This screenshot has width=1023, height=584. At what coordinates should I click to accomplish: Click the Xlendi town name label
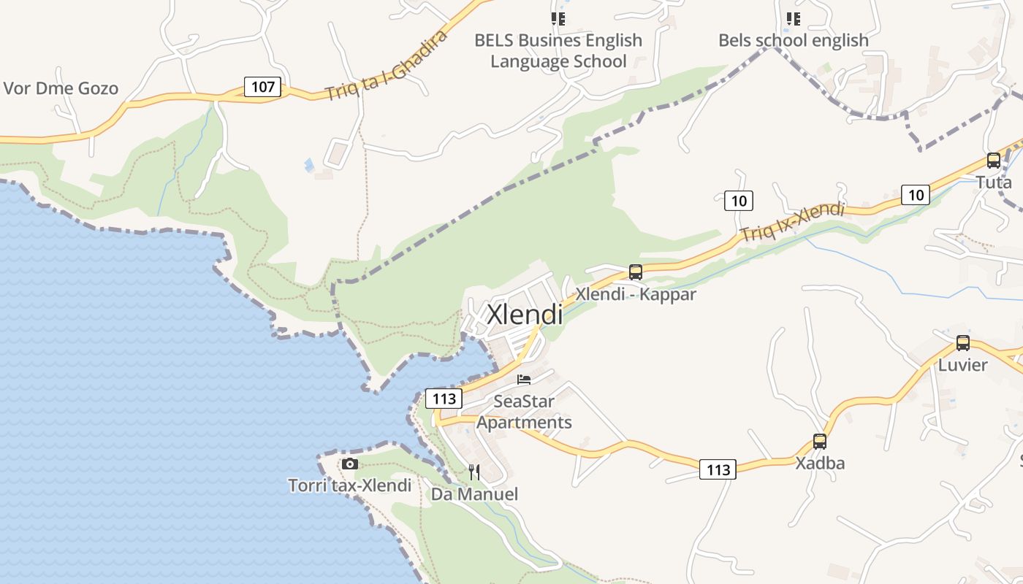pyautogui.click(x=525, y=315)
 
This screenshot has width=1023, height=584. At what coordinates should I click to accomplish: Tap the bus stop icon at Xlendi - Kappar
pyautogui.click(x=636, y=272)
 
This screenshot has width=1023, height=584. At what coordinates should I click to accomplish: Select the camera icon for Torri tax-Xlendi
pyautogui.click(x=350, y=464)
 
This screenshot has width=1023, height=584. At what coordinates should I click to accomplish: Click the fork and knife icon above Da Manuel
pyautogui.click(x=474, y=472)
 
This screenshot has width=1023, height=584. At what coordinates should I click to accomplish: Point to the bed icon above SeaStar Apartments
pyautogui.click(x=524, y=380)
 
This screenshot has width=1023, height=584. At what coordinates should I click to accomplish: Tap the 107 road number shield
pyautogui.click(x=262, y=87)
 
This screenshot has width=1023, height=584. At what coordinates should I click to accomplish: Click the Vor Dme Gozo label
pyautogui.click(x=61, y=89)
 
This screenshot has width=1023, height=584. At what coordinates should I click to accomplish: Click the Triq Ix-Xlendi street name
pyautogui.click(x=792, y=222)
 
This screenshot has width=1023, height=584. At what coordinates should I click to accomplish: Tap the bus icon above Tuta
pyautogui.click(x=994, y=161)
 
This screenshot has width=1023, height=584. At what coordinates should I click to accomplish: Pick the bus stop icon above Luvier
pyautogui.click(x=963, y=343)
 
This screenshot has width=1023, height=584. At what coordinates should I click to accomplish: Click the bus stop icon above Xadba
pyautogui.click(x=820, y=442)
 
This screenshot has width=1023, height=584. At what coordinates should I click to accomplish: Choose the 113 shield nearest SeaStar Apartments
pyautogui.click(x=444, y=399)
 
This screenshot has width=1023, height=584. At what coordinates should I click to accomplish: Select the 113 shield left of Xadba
pyautogui.click(x=718, y=469)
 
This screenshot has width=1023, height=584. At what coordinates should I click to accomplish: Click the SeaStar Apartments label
pyautogui.click(x=524, y=412)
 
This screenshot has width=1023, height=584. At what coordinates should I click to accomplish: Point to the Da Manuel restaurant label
pyautogui.click(x=474, y=494)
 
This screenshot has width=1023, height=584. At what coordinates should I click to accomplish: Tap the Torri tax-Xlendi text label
pyautogui.click(x=350, y=485)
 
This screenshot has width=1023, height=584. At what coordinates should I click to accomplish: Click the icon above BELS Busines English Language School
pyautogui.click(x=558, y=19)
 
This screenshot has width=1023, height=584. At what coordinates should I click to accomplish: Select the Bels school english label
pyautogui.click(x=794, y=40)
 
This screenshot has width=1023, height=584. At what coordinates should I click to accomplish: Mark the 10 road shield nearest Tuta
pyautogui.click(x=915, y=194)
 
